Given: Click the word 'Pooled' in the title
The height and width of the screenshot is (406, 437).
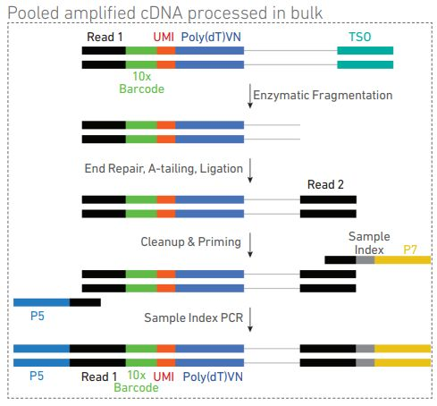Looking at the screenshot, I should [34, 12].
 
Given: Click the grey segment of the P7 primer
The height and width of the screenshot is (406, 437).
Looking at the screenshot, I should [365, 259].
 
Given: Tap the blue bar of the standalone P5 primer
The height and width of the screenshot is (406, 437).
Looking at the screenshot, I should [41, 303].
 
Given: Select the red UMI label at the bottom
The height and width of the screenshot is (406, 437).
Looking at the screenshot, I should [164, 378].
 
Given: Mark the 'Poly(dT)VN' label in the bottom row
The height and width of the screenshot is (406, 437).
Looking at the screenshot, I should [213, 378].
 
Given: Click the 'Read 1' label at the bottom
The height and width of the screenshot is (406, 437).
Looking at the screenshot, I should [100, 378].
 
